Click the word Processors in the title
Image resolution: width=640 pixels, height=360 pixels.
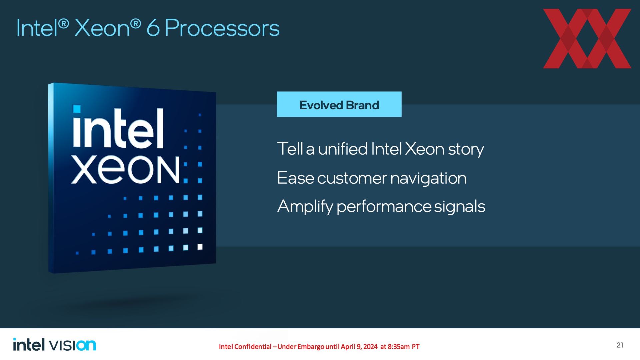pos(222,28)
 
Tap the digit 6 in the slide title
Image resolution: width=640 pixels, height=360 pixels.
pos(153,28)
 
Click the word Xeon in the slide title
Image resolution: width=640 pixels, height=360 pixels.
pos(102,28)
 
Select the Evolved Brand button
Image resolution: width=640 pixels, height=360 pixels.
pos(339,104)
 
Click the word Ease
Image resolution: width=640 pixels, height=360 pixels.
pos(295,178)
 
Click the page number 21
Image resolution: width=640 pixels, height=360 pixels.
pos(620,345)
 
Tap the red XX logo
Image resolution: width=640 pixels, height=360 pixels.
pos(587,39)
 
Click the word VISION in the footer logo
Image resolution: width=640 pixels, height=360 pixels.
pos(73,345)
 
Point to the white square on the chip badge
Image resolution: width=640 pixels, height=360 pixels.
pos(200,247)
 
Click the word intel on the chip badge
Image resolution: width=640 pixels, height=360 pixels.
pos(118,127)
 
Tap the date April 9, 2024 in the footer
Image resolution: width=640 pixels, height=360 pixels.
pos(359,347)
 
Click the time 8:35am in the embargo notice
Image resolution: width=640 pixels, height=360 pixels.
pos(399,347)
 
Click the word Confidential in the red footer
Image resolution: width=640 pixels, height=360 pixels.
pos(253,347)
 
